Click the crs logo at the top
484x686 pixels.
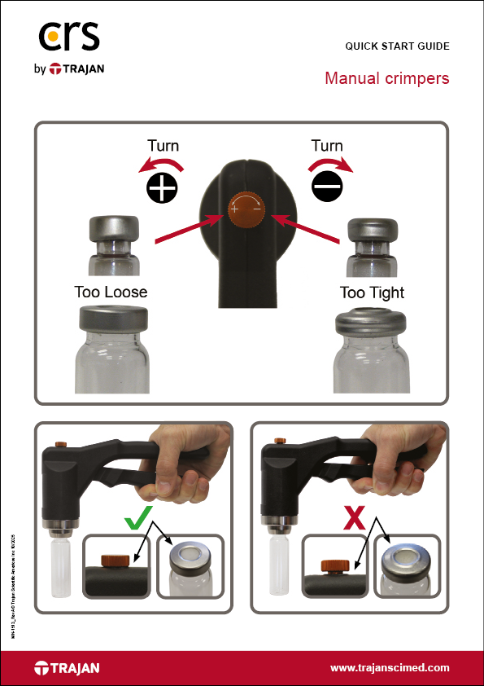69,37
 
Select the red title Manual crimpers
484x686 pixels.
386,79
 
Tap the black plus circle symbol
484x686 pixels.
162,189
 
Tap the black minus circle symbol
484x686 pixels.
328,189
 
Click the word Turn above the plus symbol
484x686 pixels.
163,147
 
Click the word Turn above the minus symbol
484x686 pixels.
327,147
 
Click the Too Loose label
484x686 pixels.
111,292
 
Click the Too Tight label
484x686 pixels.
372,292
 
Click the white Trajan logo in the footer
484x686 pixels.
67,668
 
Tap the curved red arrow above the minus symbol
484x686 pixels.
330,166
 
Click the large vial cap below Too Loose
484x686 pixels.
112,319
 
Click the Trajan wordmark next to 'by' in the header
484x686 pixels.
77,70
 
